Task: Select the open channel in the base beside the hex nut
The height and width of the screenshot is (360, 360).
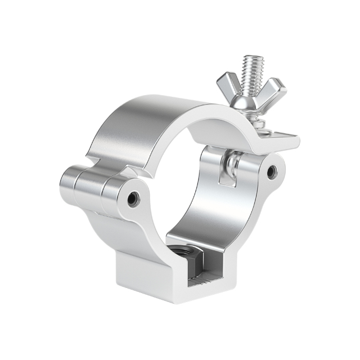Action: (211, 276)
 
